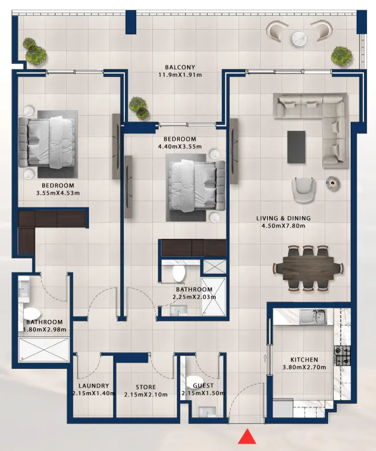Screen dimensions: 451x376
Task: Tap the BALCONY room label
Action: pyautogui.click(x=181, y=67)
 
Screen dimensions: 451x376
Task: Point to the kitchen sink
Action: pyautogui.click(x=313, y=315)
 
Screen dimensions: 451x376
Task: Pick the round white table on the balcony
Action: pyautogui.click(x=300, y=39)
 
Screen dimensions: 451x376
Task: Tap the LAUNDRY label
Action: pyautogui.click(x=90, y=386)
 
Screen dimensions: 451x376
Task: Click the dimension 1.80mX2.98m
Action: pyautogui.click(x=46, y=330)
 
